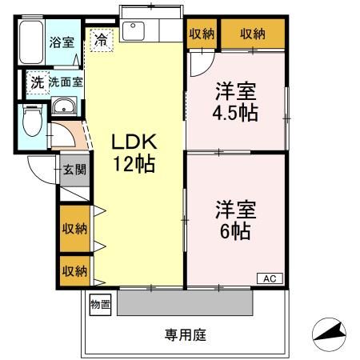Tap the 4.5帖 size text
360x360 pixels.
(234, 112)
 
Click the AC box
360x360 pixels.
(270, 278)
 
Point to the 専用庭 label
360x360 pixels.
(186, 335)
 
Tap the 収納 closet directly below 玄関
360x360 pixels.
(74, 228)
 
